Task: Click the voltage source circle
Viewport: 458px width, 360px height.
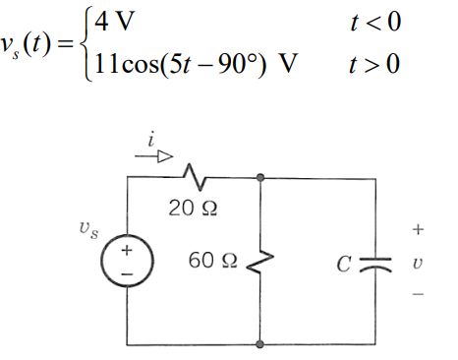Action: (x=126, y=262)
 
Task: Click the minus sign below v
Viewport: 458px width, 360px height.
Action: (x=417, y=294)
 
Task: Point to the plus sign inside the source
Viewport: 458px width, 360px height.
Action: (x=126, y=251)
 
